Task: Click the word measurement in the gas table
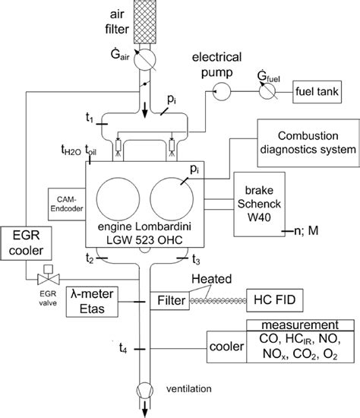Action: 299,326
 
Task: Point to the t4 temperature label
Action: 122,350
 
